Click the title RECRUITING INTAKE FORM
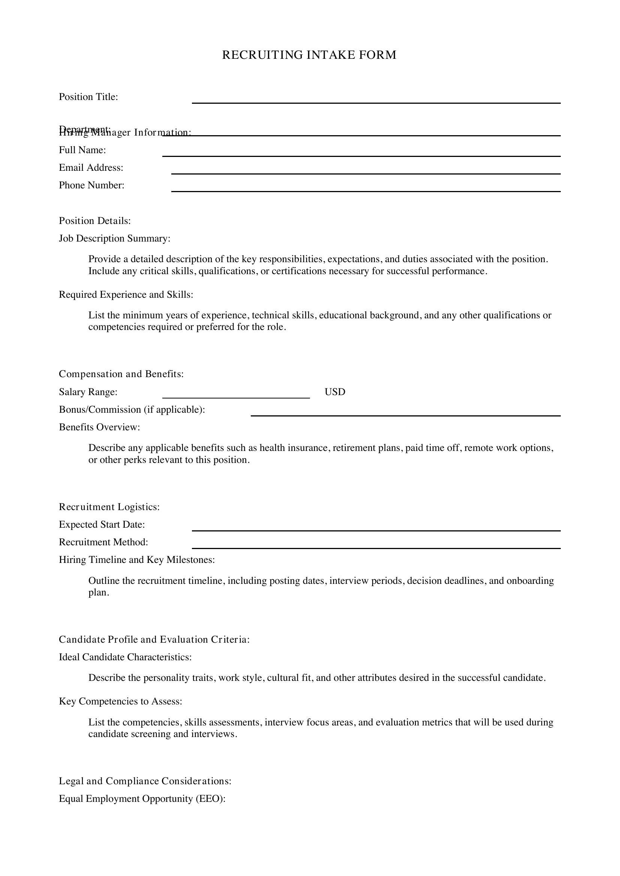309,55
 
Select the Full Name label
82,150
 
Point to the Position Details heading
95,221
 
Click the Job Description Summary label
115,239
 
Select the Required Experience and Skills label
126,294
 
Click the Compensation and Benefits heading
121,374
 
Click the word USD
335,392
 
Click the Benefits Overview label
99,427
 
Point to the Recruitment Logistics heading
109,507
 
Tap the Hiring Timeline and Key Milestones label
137,560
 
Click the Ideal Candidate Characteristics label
125,657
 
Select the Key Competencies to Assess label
120,701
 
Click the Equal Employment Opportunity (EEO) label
142,798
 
